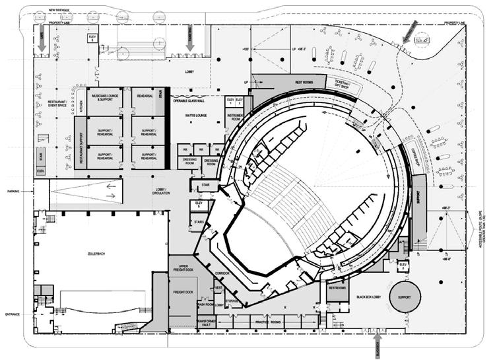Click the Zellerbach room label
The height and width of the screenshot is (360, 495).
97,252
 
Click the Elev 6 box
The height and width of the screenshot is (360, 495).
93,38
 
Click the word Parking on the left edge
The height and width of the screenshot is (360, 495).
15,192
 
